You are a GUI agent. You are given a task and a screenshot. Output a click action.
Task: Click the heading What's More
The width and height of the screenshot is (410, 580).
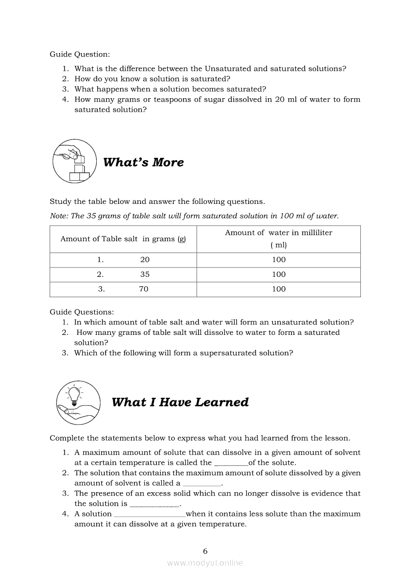(143, 162)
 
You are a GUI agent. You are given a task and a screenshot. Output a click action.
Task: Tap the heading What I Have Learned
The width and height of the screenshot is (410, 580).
(180, 402)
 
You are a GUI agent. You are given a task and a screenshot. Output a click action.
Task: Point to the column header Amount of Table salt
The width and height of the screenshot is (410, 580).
(123, 239)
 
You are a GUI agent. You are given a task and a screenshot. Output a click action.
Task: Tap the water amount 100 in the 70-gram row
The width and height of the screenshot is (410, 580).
(278, 289)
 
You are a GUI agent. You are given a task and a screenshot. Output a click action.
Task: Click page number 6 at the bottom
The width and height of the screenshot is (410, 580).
(205, 551)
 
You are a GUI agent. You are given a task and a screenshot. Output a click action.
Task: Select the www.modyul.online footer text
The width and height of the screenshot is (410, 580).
(205, 563)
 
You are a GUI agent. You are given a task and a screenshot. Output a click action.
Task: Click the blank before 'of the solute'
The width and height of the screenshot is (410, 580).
(231, 463)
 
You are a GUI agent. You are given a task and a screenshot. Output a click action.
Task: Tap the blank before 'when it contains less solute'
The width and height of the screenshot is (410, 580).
(149, 515)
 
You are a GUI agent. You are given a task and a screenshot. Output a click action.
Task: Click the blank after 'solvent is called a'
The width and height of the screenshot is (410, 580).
(202, 484)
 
